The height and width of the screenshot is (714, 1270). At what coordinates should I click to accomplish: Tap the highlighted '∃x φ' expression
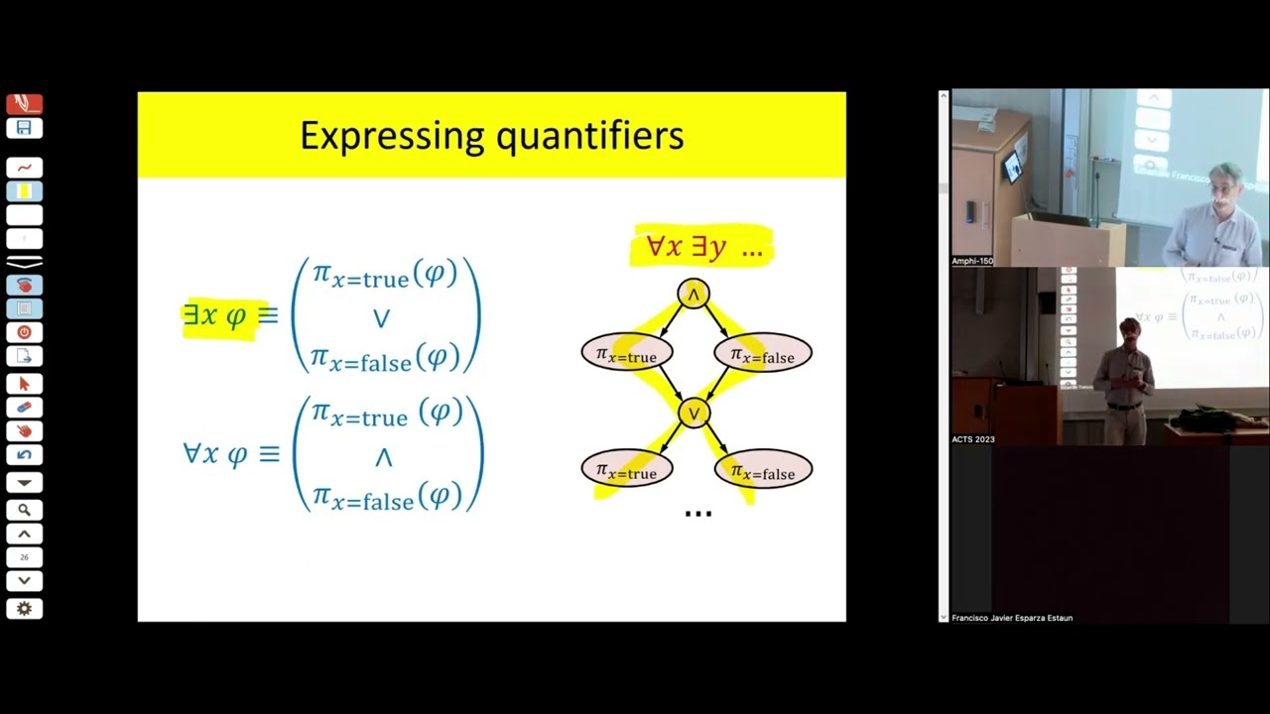pyautogui.click(x=215, y=315)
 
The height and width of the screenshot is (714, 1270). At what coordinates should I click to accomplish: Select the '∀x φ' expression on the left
pyautogui.click(x=215, y=454)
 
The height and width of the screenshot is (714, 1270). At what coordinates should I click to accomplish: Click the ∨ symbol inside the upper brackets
pyautogui.click(x=382, y=318)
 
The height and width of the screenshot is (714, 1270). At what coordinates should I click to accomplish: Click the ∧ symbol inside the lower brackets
pyautogui.click(x=383, y=457)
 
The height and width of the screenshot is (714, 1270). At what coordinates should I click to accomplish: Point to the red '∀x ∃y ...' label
pyautogui.click(x=702, y=246)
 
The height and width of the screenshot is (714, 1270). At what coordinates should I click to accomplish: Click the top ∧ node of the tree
pyautogui.click(x=694, y=294)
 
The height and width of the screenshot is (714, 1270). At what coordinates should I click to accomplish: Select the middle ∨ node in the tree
pyautogui.click(x=694, y=412)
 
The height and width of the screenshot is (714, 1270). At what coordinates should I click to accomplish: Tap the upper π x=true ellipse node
pyautogui.click(x=626, y=354)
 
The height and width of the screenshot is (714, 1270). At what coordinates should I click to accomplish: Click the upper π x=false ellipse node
pyautogui.click(x=762, y=354)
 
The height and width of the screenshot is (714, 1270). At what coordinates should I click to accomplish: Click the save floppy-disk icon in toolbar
pyautogui.click(x=24, y=128)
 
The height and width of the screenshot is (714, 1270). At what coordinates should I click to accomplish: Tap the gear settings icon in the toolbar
pyautogui.click(x=24, y=609)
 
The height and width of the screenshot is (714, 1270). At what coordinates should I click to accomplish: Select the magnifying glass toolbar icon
pyautogui.click(x=24, y=510)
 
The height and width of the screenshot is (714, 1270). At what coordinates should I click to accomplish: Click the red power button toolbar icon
pyautogui.click(x=24, y=333)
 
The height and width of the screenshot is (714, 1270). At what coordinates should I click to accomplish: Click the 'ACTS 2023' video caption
pyautogui.click(x=973, y=439)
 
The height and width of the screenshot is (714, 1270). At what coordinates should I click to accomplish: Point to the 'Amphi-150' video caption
pyautogui.click(x=972, y=261)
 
